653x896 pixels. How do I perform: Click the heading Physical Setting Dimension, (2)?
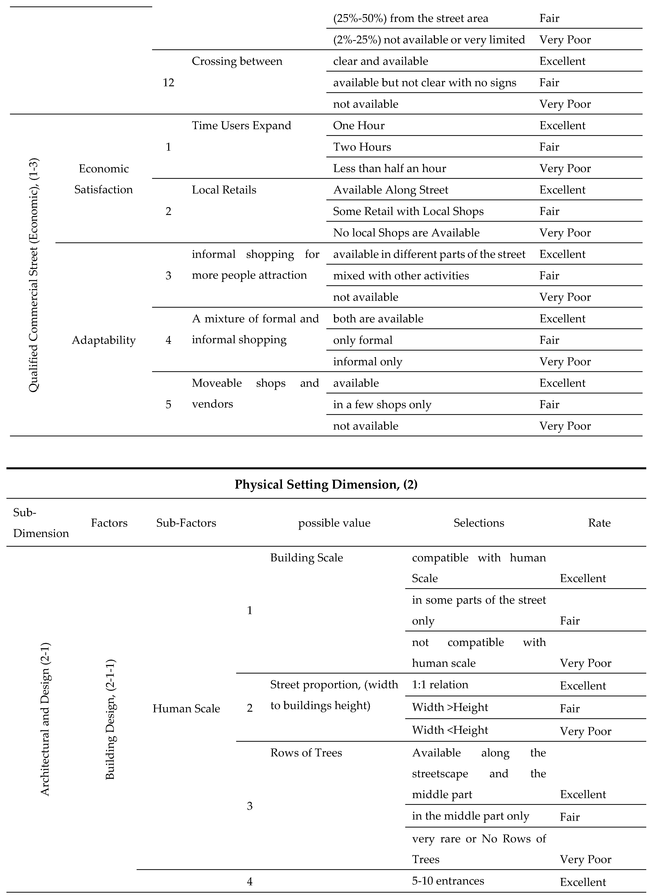click(326, 484)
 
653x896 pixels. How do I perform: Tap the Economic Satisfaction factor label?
click(104, 179)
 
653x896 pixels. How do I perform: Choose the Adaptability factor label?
click(104, 340)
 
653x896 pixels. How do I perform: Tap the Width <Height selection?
click(450, 730)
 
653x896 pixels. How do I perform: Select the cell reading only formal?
click(362, 340)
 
